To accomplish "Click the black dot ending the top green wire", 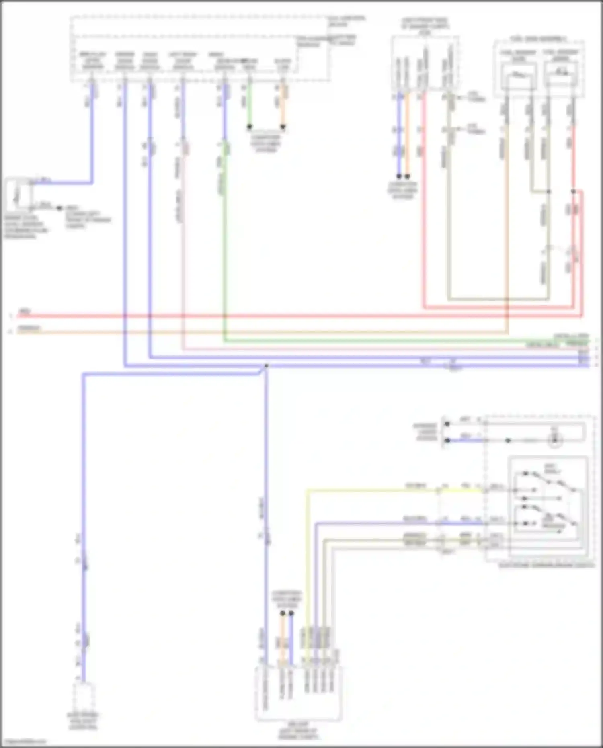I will click(x=250, y=127).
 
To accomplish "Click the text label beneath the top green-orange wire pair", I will click(x=266, y=143).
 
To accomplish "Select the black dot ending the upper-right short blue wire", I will click(x=399, y=176).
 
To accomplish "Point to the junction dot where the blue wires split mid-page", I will click(x=266, y=366).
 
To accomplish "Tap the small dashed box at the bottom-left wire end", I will click(x=84, y=697).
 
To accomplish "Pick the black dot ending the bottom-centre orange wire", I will click(x=283, y=613).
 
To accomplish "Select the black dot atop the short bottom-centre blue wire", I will click(x=291, y=613).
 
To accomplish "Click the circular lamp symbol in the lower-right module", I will click(x=555, y=440).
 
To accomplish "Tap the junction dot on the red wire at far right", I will click(x=574, y=191).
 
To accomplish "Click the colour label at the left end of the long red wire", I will click(x=25, y=311).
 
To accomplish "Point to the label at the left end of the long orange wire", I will click(x=29, y=328).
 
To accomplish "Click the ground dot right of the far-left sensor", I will click(x=59, y=208).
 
